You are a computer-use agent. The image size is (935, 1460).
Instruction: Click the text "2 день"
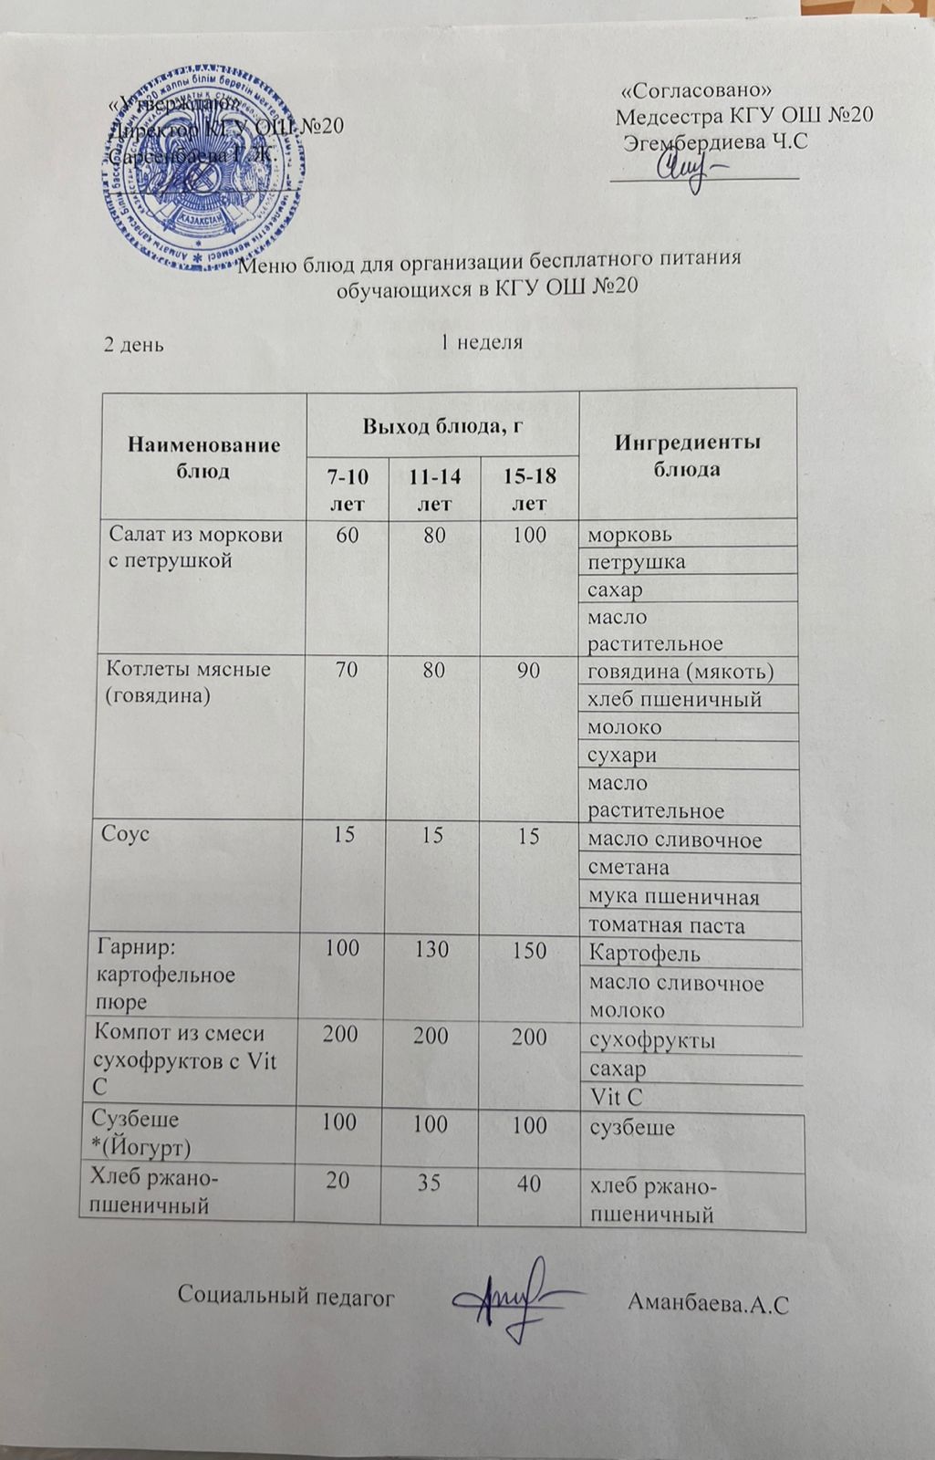click(133, 344)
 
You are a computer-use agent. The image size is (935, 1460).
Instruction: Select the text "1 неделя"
click(482, 342)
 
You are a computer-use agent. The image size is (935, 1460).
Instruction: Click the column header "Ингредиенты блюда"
click(687, 455)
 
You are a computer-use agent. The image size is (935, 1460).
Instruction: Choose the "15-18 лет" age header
click(530, 489)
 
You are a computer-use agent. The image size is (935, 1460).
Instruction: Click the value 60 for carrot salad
click(348, 535)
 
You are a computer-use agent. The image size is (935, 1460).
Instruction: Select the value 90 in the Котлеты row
click(528, 671)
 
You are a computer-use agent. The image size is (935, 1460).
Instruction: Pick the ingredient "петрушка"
click(636, 561)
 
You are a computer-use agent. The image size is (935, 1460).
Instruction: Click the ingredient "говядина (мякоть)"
click(680, 673)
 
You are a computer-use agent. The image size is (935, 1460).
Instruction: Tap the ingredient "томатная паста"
click(667, 925)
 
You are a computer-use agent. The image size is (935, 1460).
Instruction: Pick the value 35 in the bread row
click(429, 1183)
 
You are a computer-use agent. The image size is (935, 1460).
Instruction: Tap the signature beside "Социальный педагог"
click(511, 1296)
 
